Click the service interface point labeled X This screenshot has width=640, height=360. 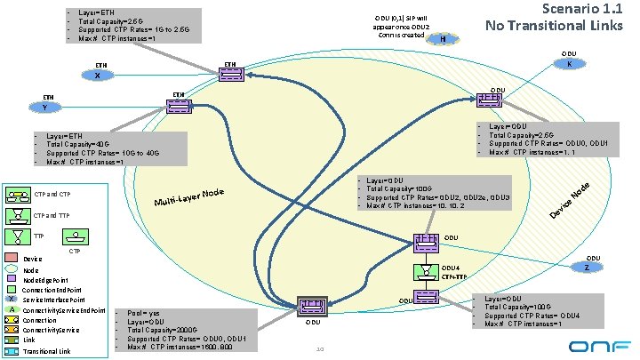click(x=98, y=75)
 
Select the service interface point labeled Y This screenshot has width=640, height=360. click(x=45, y=106)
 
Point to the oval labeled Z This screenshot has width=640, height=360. click(x=587, y=268)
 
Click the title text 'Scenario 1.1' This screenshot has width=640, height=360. click(x=578, y=12)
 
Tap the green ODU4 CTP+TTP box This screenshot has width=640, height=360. click(x=423, y=272)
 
